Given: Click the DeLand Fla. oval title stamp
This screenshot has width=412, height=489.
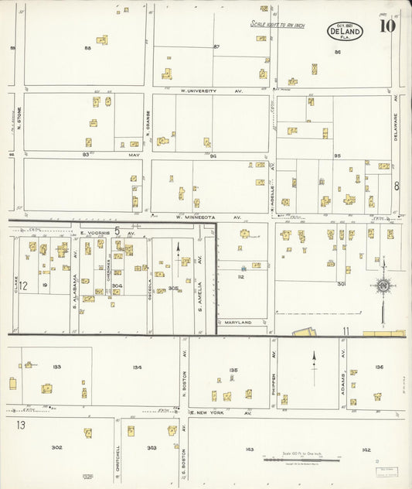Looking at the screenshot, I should click(x=345, y=32).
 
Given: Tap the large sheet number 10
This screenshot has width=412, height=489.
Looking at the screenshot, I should click(x=386, y=26).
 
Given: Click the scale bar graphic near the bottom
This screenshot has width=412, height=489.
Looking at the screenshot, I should click(x=301, y=460).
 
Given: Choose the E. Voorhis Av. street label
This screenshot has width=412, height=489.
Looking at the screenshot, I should click(x=107, y=232).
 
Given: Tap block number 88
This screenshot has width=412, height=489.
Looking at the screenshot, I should click(x=87, y=48).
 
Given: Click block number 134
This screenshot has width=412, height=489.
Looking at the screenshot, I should click(x=137, y=368).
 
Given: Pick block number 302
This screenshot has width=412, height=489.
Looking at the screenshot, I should click(x=56, y=447).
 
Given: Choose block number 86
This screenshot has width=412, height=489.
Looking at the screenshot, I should click(x=338, y=52).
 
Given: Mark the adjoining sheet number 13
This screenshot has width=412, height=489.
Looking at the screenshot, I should click(x=21, y=425).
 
